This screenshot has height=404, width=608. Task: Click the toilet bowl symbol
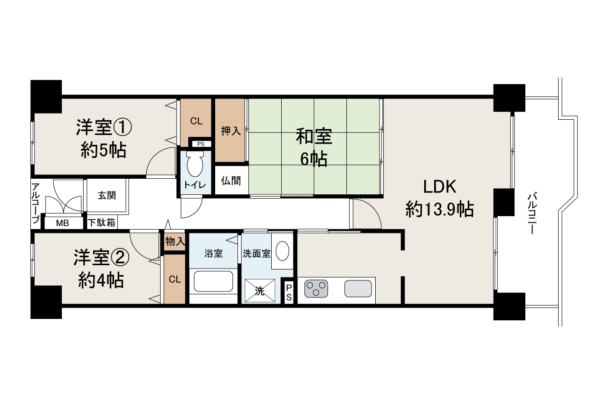(195, 164)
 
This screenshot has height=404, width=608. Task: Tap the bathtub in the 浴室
(213, 281)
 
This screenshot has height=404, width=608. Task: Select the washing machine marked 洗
(260, 291)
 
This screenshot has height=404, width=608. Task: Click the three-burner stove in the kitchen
(316, 289)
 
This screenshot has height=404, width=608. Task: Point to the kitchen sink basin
(358, 289)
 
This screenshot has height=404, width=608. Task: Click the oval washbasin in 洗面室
(282, 251)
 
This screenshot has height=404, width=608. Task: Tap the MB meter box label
(62, 223)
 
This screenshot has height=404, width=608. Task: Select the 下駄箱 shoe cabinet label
(102, 223)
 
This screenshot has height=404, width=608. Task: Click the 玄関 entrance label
(107, 195)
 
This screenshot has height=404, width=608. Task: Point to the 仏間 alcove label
(231, 181)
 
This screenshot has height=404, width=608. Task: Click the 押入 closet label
(231, 131)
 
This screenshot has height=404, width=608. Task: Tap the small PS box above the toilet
(201, 144)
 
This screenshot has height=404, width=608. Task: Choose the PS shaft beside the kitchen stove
(289, 293)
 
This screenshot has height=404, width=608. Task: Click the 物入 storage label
(175, 241)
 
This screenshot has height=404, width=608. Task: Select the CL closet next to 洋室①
(196, 121)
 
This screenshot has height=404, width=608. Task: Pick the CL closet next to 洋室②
(175, 279)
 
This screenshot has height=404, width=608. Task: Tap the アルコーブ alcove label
(36, 203)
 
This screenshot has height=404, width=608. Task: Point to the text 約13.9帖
(440, 209)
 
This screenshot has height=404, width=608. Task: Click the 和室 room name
(314, 137)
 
